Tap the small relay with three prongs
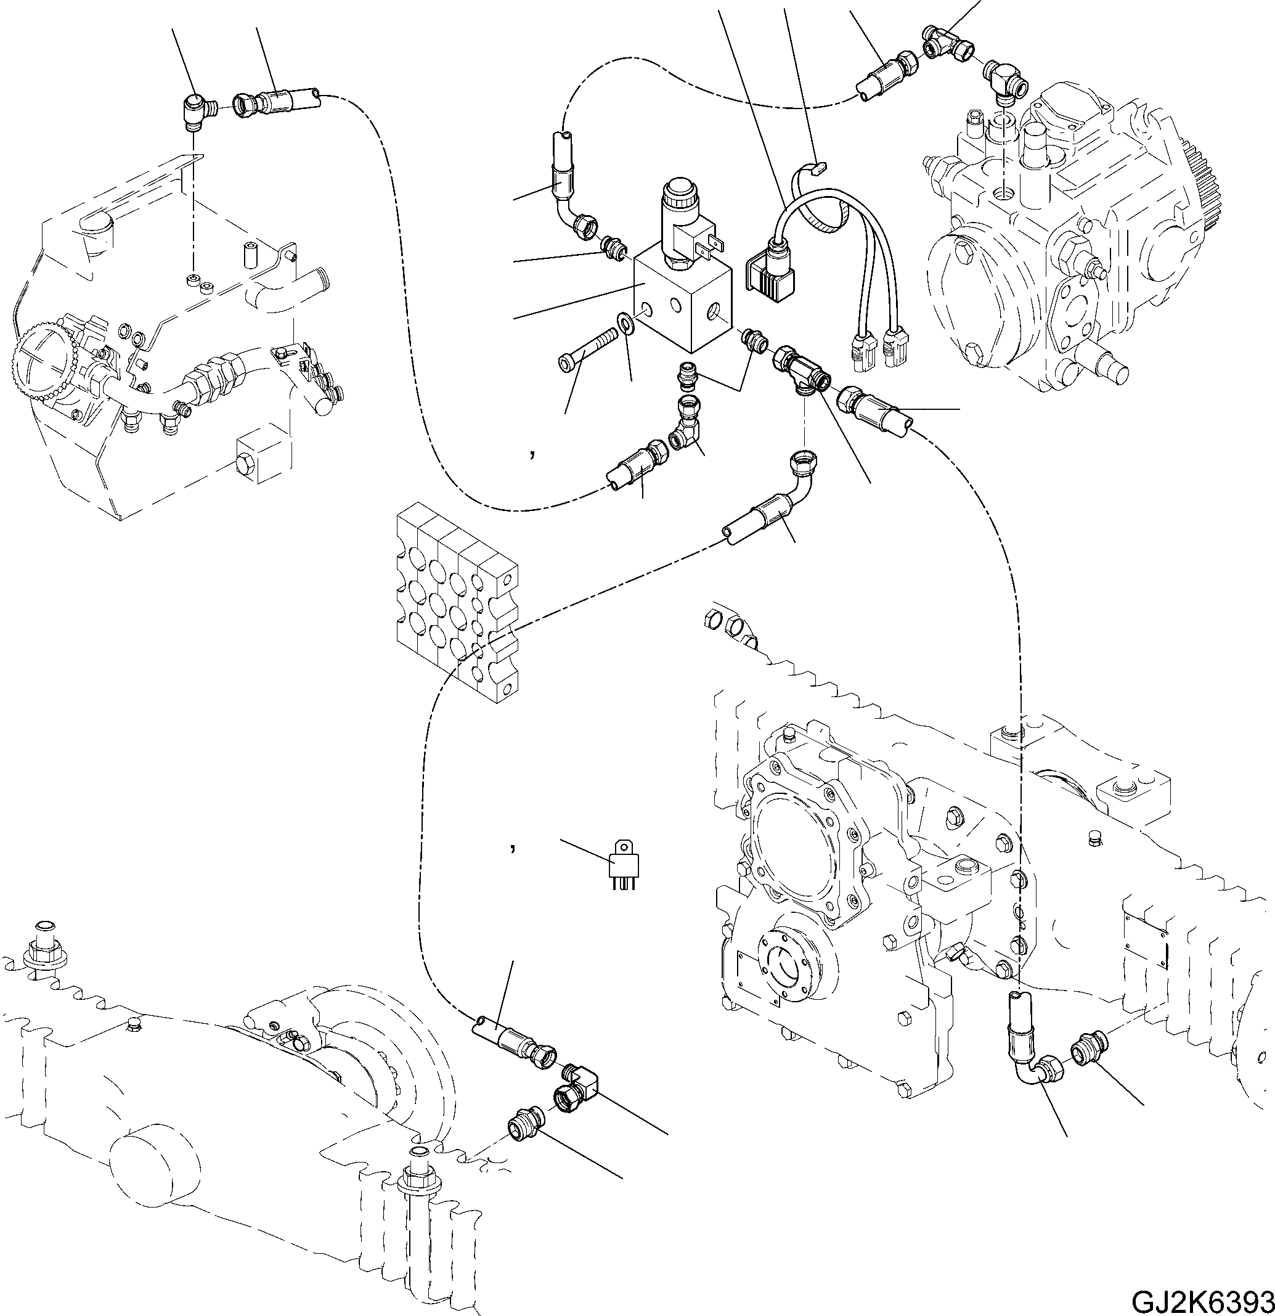point(622,866)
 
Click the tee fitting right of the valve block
point(803,370)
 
